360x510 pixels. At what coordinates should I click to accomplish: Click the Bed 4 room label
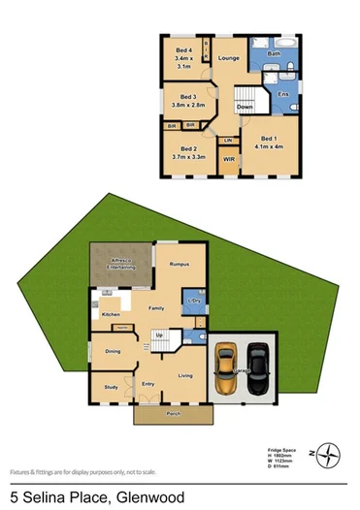(x=183, y=50)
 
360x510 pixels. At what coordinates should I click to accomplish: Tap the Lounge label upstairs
(x=229, y=59)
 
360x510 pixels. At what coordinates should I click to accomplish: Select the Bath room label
(x=273, y=54)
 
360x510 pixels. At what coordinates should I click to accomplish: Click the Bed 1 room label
(x=270, y=139)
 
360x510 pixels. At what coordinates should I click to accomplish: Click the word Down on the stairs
(x=245, y=106)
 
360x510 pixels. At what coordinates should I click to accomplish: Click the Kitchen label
(x=111, y=315)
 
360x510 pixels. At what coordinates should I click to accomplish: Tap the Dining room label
(x=113, y=352)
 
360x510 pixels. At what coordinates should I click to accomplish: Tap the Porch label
(x=174, y=414)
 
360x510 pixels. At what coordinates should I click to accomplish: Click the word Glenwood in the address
(x=159, y=497)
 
